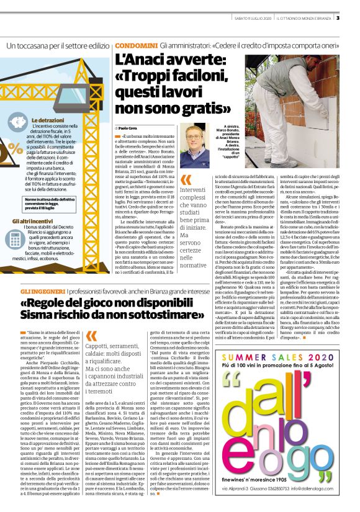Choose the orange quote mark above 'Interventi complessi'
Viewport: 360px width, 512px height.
click(x=185, y=181)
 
